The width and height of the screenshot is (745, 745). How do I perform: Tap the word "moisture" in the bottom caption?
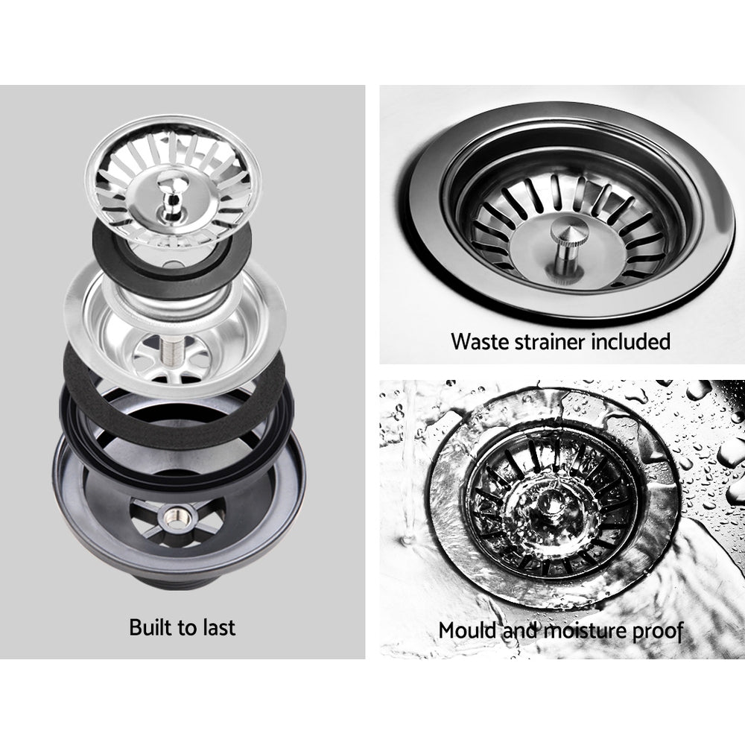point(581,630)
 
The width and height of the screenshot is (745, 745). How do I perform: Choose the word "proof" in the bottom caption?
point(655,630)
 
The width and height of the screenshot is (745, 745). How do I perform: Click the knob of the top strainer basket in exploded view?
point(168,192)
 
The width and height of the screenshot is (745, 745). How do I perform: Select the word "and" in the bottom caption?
point(521,630)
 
